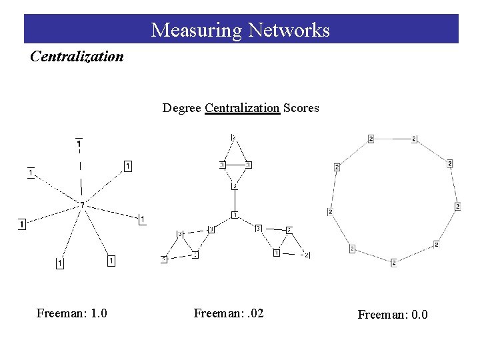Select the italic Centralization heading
[x=77, y=56]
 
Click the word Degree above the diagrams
[x=181, y=107]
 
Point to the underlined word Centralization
[x=242, y=107]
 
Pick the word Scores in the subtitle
[x=301, y=107]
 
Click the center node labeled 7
[x=82, y=204]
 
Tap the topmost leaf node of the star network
[x=79, y=143]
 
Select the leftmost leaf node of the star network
[x=22, y=224]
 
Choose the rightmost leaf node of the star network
[x=142, y=219]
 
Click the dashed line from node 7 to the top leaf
[x=81, y=173]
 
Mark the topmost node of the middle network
[x=233, y=137]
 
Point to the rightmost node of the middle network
[x=307, y=255]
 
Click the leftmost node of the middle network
[x=163, y=259]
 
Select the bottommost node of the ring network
[x=393, y=263]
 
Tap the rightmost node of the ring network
[x=458, y=207]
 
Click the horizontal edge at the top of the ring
[x=392, y=139]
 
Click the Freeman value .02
[x=253, y=313]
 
